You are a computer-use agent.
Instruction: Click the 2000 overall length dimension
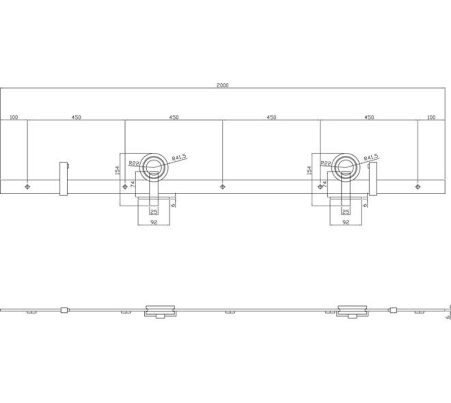tap(222, 85)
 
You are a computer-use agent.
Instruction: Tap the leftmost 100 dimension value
tap(13, 117)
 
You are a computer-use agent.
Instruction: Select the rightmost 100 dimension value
tap(431, 117)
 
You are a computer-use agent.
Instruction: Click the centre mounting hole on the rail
tap(222, 187)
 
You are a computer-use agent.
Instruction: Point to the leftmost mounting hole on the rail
tap(27, 187)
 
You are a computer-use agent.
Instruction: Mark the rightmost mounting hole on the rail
tap(418, 187)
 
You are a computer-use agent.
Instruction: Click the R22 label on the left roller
tap(134, 163)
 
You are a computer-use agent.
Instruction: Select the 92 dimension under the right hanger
tap(345, 222)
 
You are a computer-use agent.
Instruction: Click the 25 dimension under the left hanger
tap(154, 212)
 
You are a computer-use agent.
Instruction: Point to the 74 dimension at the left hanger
tap(132, 185)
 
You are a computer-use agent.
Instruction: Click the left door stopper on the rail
tap(64, 179)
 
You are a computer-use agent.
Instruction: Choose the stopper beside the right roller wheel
tap(373, 179)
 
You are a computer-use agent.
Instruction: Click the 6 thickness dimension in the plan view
tap(447, 317)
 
